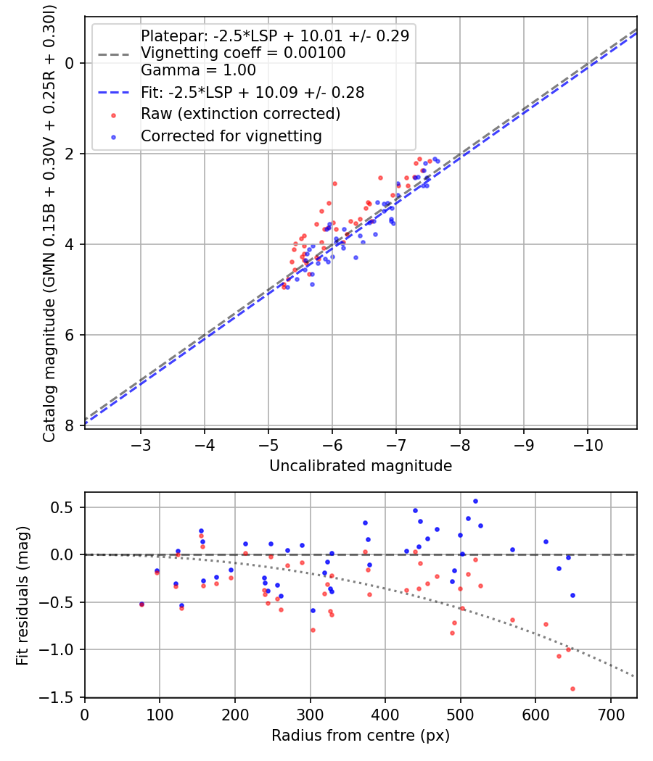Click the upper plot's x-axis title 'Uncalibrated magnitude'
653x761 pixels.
pyautogui.click(x=361, y=466)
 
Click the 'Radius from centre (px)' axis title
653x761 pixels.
pyautogui.click(x=361, y=736)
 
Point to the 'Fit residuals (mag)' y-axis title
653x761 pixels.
pyautogui.click(x=22, y=594)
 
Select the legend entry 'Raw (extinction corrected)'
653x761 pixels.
pyautogui.click(x=240, y=114)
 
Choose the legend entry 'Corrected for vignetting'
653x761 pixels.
pyautogui.click(x=231, y=136)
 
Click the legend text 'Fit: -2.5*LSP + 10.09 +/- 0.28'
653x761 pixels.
pyautogui.click(x=252, y=93)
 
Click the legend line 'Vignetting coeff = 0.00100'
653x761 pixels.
pyautogui.click(x=243, y=53)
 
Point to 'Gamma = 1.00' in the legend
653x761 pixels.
pyautogui.click(x=198, y=71)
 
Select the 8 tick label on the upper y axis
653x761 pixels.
pyautogui.click(x=70, y=425)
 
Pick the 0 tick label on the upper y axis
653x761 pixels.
pyautogui.click(x=70, y=63)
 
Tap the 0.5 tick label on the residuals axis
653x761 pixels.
pyautogui.click(x=65, y=507)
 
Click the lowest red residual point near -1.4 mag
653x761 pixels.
pyautogui.click(x=572, y=689)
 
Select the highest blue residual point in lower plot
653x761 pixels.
pyautogui.click(x=475, y=501)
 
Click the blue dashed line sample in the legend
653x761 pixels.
pyautogui.click(x=115, y=93)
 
